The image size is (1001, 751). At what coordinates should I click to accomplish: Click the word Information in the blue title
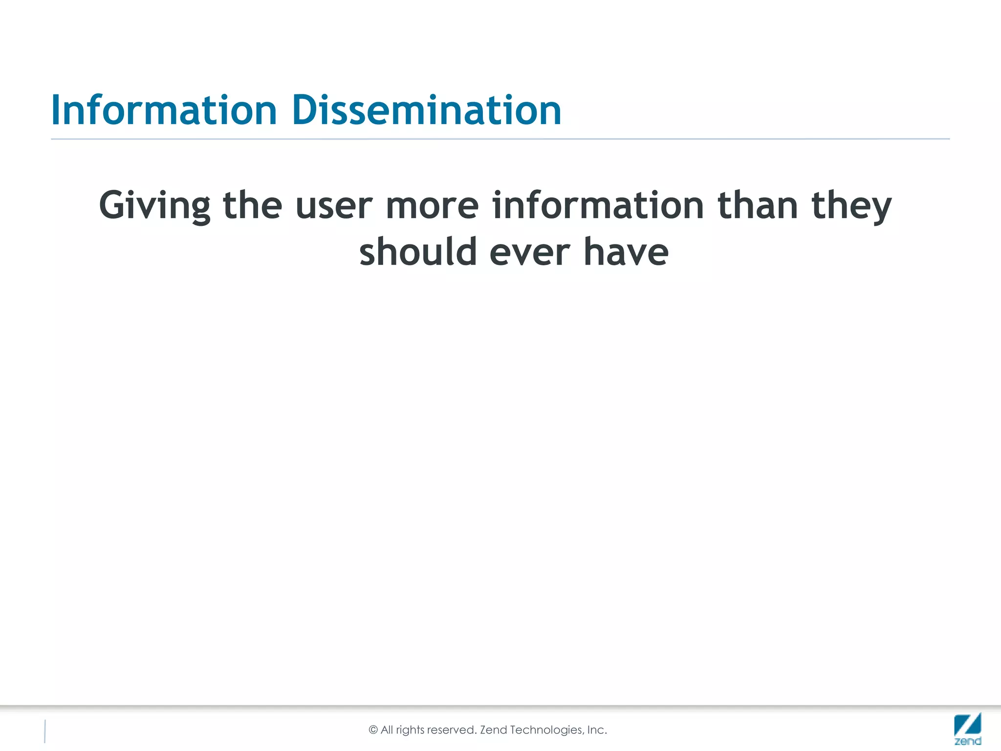(x=164, y=110)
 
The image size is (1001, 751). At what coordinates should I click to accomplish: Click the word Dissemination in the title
(x=426, y=110)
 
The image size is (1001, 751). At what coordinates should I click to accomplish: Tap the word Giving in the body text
(x=154, y=206)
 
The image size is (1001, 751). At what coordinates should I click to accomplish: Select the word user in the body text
(x=334, y=206)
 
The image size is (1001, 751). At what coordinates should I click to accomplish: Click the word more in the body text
(x=432, y=206)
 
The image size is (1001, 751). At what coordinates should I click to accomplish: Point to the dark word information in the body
(x=598, y=205)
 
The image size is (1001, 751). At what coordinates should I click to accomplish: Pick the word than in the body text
(x=758, y=205)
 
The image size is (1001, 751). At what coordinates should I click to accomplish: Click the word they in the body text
(x=851, y=206)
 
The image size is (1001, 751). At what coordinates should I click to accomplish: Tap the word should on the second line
(x=418, y=252)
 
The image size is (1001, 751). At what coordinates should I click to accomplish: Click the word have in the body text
(x=626, y=252)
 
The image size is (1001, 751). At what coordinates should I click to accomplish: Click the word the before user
(x=252, y=205)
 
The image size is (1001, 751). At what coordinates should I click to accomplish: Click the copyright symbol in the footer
(x=373, y=730)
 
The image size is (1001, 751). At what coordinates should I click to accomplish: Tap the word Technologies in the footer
(x=546, y=730)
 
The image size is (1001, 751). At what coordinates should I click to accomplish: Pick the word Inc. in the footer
(x=597, y=730)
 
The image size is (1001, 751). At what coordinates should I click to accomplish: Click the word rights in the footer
(x=410, y=730)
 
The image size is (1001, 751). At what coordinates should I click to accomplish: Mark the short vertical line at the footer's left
(x=45, y=731)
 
